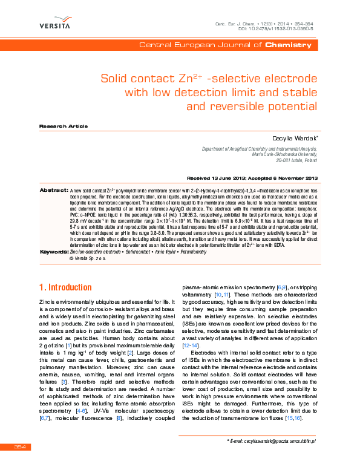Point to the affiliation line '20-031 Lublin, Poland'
pyautogui.click(x=296, y=162)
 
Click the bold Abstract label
pyautogui.click(x=53, y=190)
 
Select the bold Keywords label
pyautogui.click(x=53, y=251)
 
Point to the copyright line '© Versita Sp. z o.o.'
pyautogui.click(x=88, y=258)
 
